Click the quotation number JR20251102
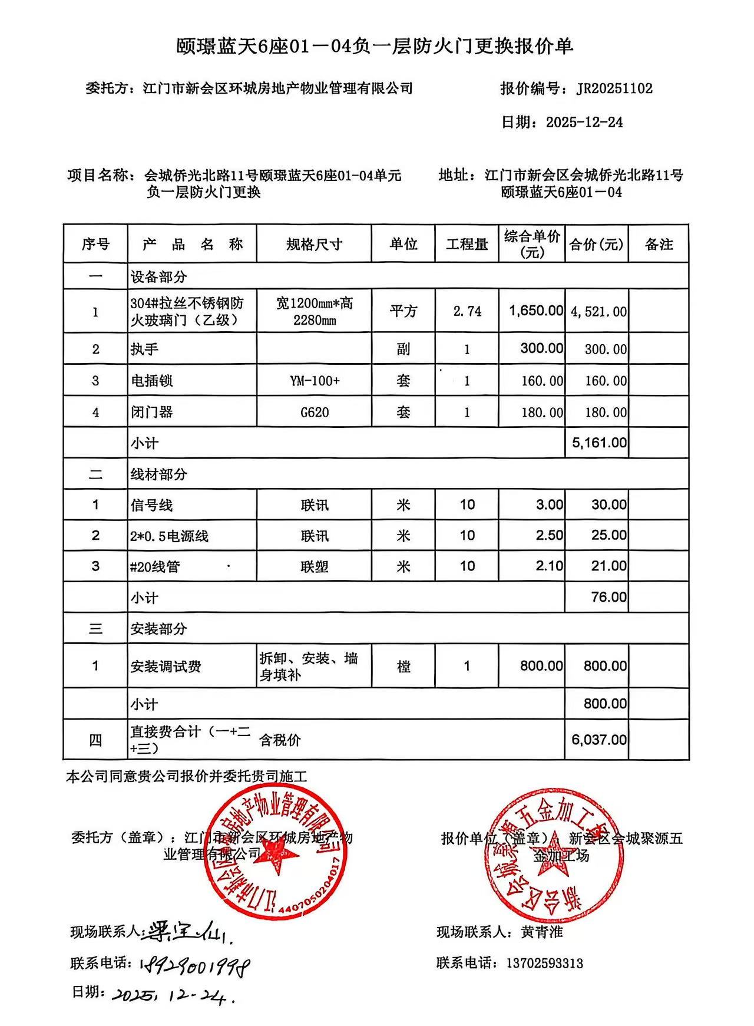[614, 89]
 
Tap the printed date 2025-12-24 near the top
[584, 123]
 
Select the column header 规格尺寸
[314, 245]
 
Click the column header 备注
[659, 245]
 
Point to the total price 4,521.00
[598, 312]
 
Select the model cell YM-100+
[314, 381]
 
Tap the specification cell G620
[314, 412]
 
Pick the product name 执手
[144, 349]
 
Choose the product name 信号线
[151, 505]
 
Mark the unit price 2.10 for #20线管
[549, 566]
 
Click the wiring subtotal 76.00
[609, 598]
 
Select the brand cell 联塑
[314, 567]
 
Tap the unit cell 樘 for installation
[404, 667]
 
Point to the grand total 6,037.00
[598, 740]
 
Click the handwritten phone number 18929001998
[195, 965]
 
